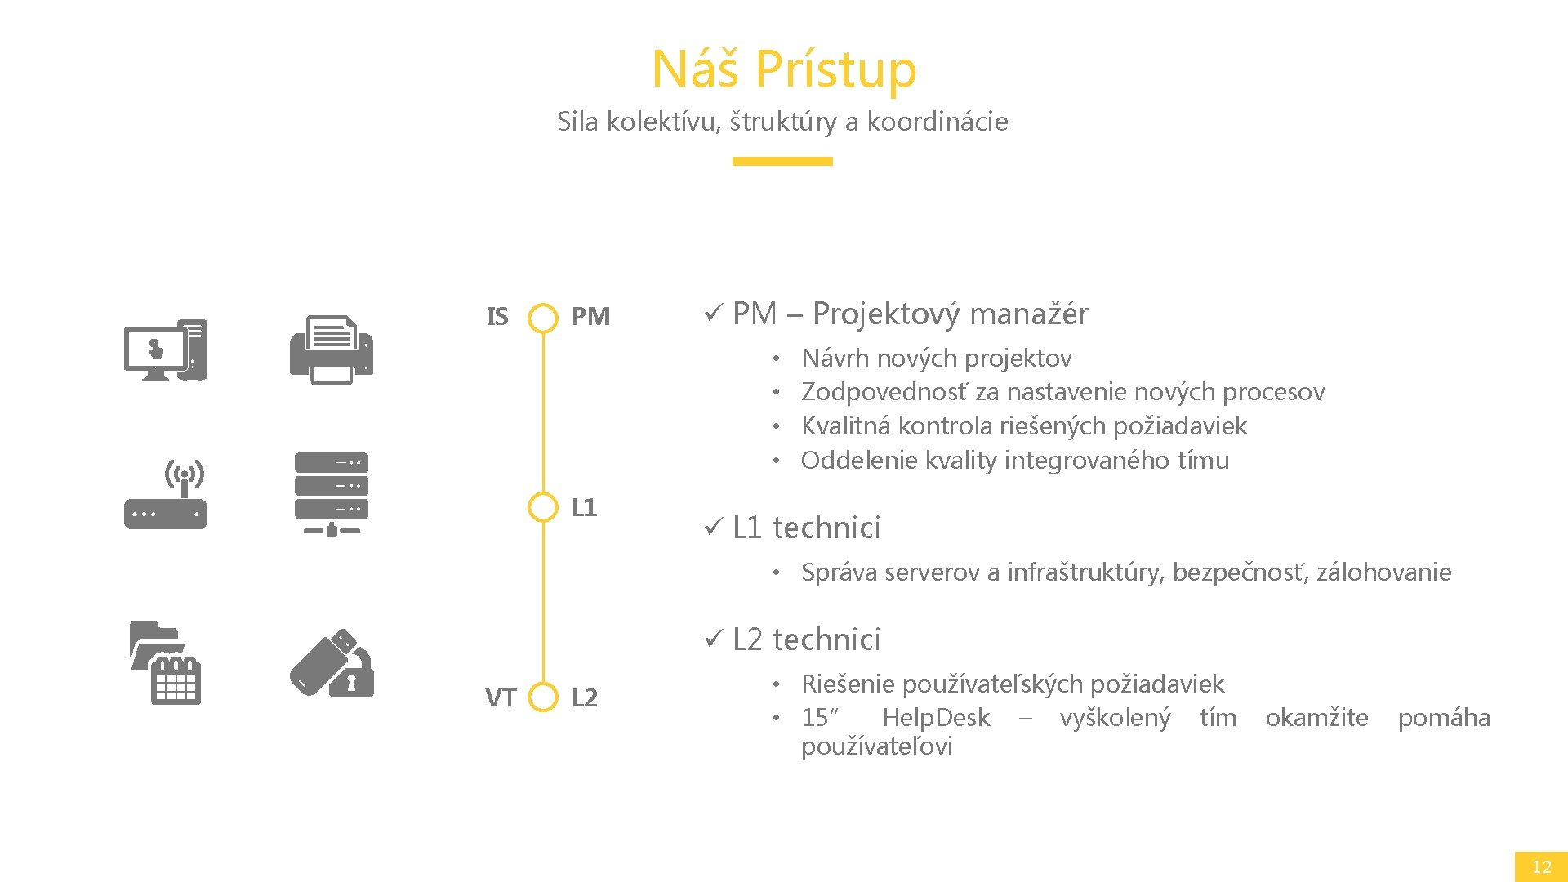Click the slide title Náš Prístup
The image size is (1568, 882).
[783, 69]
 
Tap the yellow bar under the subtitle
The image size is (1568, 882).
[782, 161]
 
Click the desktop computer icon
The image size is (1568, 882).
[166, 350]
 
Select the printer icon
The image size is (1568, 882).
[332, 350]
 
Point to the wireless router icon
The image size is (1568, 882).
[166, 495]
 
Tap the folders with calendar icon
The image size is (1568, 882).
[166, 662]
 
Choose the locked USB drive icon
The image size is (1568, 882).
[332, 662]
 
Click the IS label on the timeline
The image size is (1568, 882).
[497, 317]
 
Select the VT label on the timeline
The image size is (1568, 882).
[501, 698]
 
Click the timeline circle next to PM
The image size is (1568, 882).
[543, 318]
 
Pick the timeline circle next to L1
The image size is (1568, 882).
[543, 507]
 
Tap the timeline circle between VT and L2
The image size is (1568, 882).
[543, 697]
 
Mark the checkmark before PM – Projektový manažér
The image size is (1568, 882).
[713, 313]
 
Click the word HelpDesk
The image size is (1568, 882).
[936, 718]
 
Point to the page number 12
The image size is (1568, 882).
[1541, 866]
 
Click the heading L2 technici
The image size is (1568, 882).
[806, 639]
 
